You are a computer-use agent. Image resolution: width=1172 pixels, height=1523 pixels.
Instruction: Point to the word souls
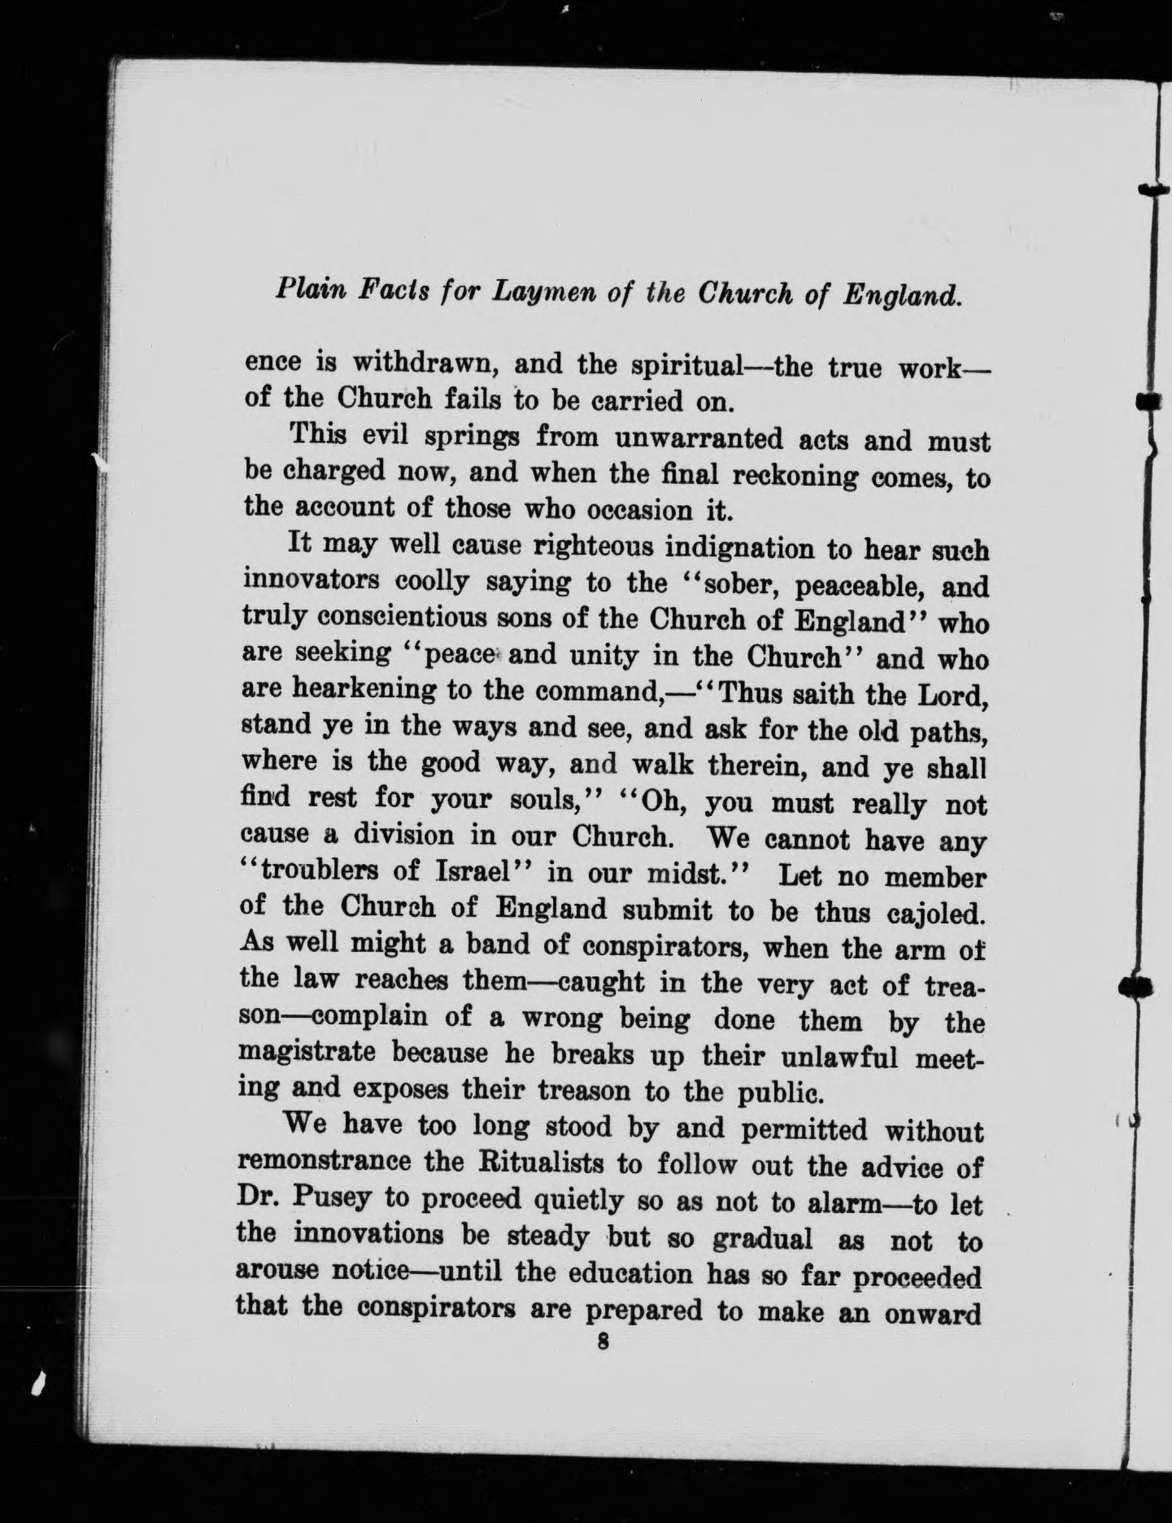coord(538,801)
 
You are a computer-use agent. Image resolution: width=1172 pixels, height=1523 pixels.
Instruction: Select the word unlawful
coord(826,1057)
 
